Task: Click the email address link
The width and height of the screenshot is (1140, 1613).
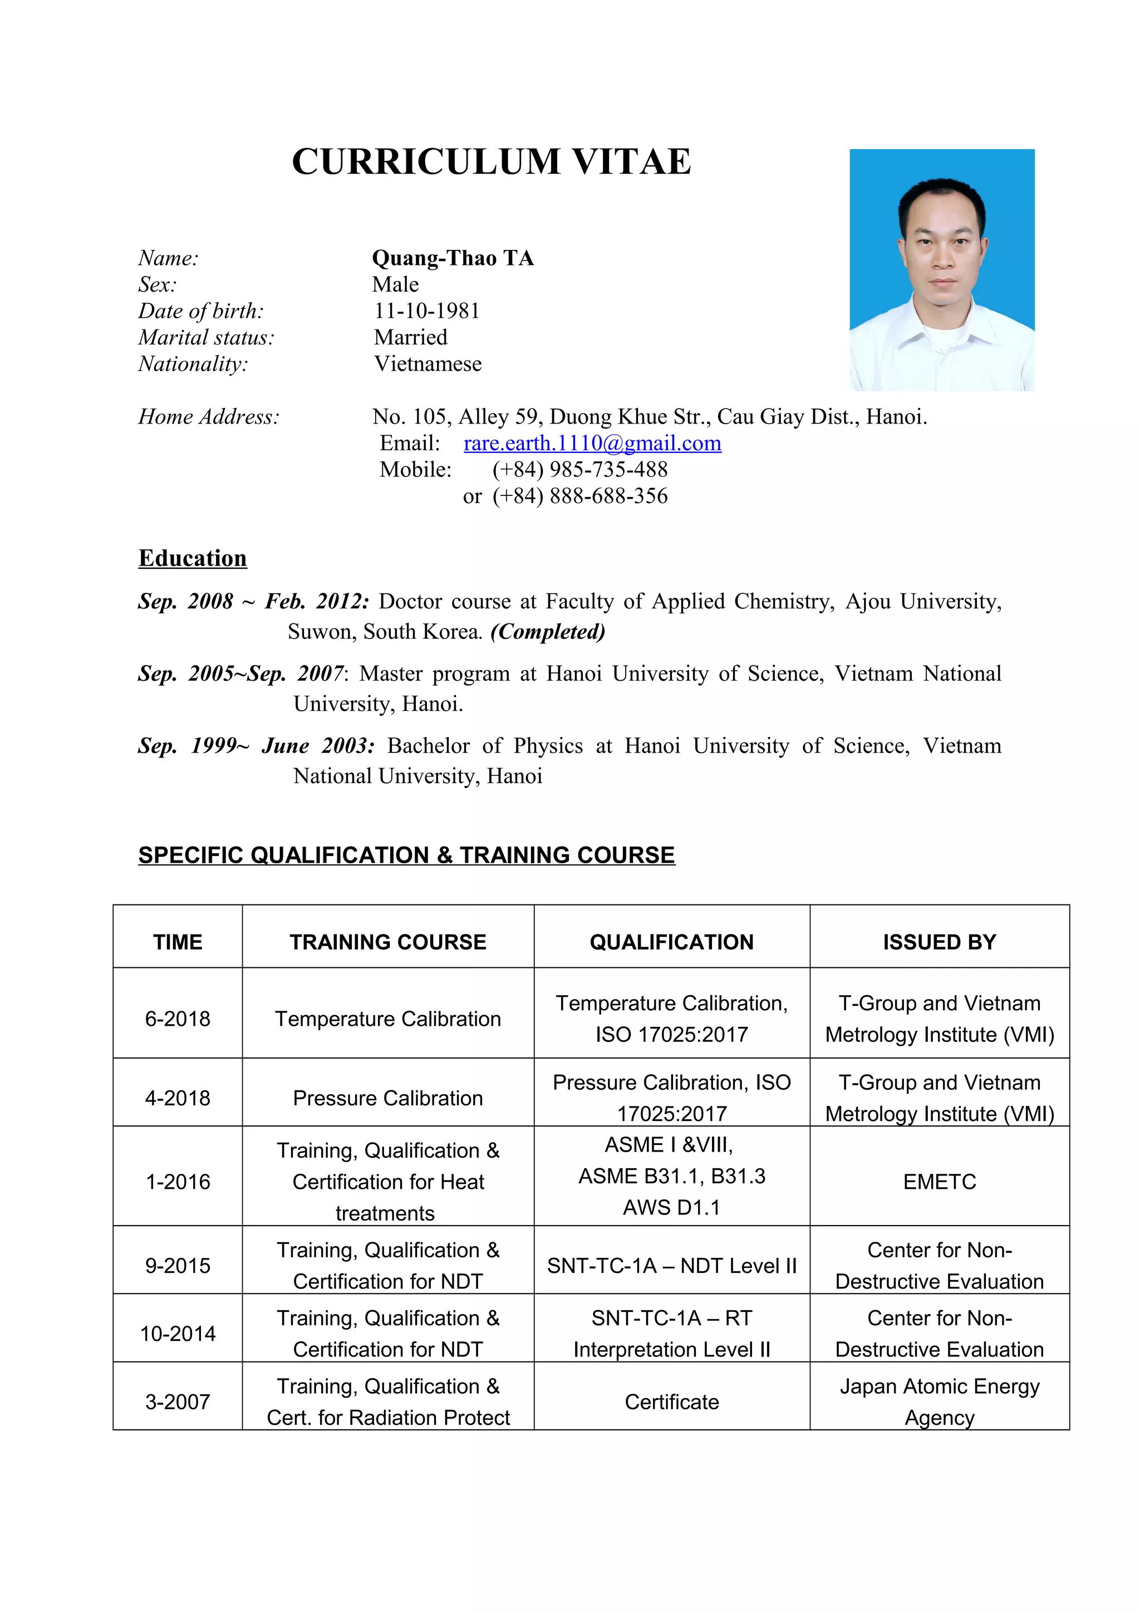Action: pos(592,443)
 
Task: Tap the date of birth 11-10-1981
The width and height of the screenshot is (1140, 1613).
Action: pos(427,311)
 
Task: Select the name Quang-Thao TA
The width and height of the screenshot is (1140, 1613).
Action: pos(453,258)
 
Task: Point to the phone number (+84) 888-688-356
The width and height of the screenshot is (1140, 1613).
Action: pos(579,496)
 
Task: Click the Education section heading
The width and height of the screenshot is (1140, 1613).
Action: pos(193,558)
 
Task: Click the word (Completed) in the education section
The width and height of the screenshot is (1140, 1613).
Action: pos(547,632)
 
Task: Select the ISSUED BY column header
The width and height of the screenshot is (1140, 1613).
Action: pos(939,942)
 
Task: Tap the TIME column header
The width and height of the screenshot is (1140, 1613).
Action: pos(178,942)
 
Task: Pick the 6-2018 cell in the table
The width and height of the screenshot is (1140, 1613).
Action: pos(178,1019)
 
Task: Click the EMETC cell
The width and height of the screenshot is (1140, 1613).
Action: pos(939,1182)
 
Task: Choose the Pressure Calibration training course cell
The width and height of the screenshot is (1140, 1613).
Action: pos(388,1098)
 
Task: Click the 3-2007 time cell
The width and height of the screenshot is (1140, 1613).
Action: pos(178,1401)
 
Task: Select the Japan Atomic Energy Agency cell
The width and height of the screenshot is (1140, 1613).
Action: pos(939,1401)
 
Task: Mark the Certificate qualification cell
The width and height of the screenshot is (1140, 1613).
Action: pos(671,1402)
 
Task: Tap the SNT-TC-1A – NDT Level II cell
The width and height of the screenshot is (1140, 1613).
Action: pos(671,1266)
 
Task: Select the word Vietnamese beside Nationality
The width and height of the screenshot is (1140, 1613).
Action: pos(427,364)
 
